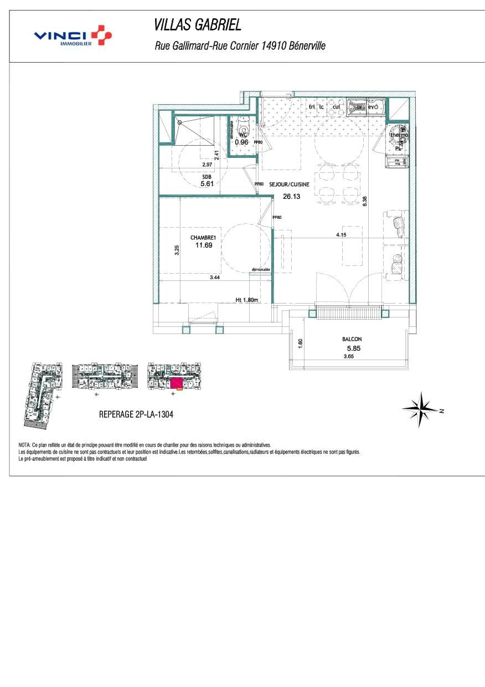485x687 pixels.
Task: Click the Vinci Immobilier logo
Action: point(73,36)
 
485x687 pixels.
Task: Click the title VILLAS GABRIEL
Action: point(198,25)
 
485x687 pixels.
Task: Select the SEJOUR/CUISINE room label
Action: point(289,185)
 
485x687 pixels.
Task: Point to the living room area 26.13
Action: point(291,196)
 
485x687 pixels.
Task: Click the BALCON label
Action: point(352,339)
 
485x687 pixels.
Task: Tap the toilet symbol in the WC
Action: point(242,125)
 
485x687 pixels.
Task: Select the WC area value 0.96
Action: point(241,142)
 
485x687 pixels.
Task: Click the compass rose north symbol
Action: point(422,410)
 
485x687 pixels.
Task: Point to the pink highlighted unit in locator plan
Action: point(176,382)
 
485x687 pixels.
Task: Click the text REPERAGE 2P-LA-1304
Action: point(136,414)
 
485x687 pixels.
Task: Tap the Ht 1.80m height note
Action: point(247,300)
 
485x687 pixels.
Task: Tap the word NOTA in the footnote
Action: point(25,445)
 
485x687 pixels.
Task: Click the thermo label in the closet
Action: point(400,135)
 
